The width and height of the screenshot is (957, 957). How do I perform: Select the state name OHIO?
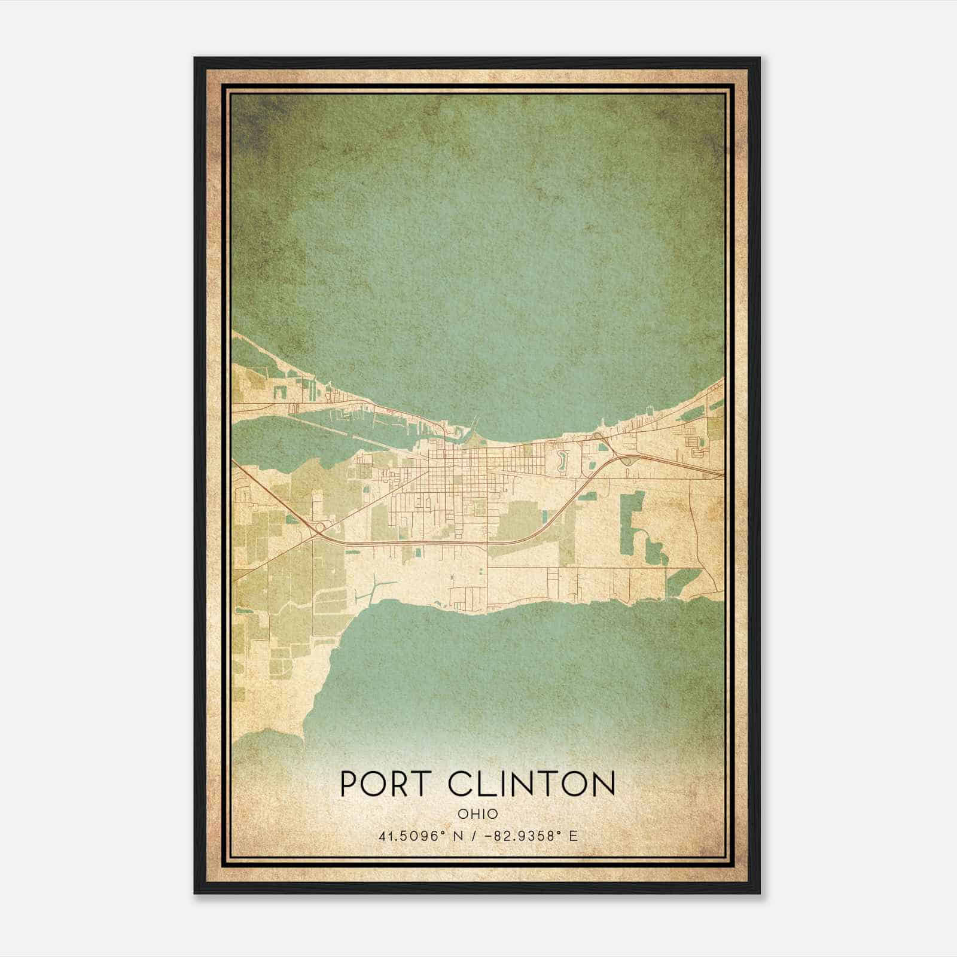pyautogui.click(x=478, y=814)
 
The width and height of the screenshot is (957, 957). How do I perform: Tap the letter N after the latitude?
pyautogui.click(x=459, y=836)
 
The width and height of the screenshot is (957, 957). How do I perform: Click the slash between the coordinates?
pyautogui.click(x=474, y=836)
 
